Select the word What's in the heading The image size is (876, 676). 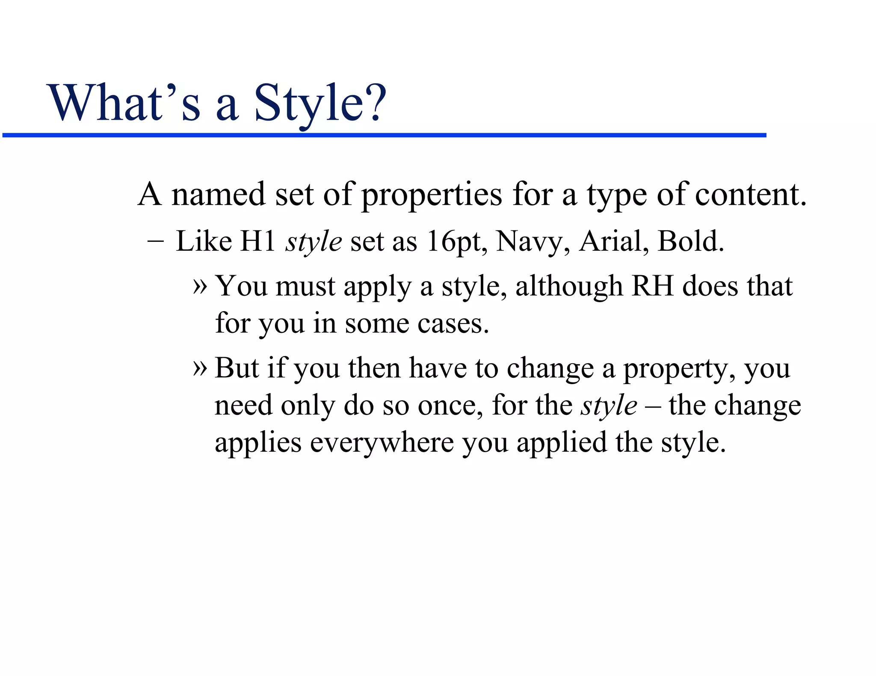click(125, 103)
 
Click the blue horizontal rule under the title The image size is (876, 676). click(384, 135)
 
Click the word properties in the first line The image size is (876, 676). click(432, 195)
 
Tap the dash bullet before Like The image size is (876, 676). click(155, 241)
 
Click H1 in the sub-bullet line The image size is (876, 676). click(258, 241)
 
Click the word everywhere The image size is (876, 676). click(382, 443)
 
